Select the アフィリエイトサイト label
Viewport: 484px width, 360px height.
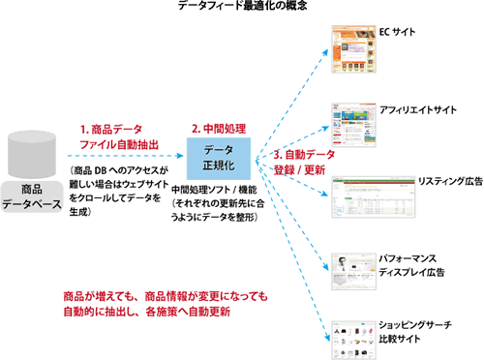417,109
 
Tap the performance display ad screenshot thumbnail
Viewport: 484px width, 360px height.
350,268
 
